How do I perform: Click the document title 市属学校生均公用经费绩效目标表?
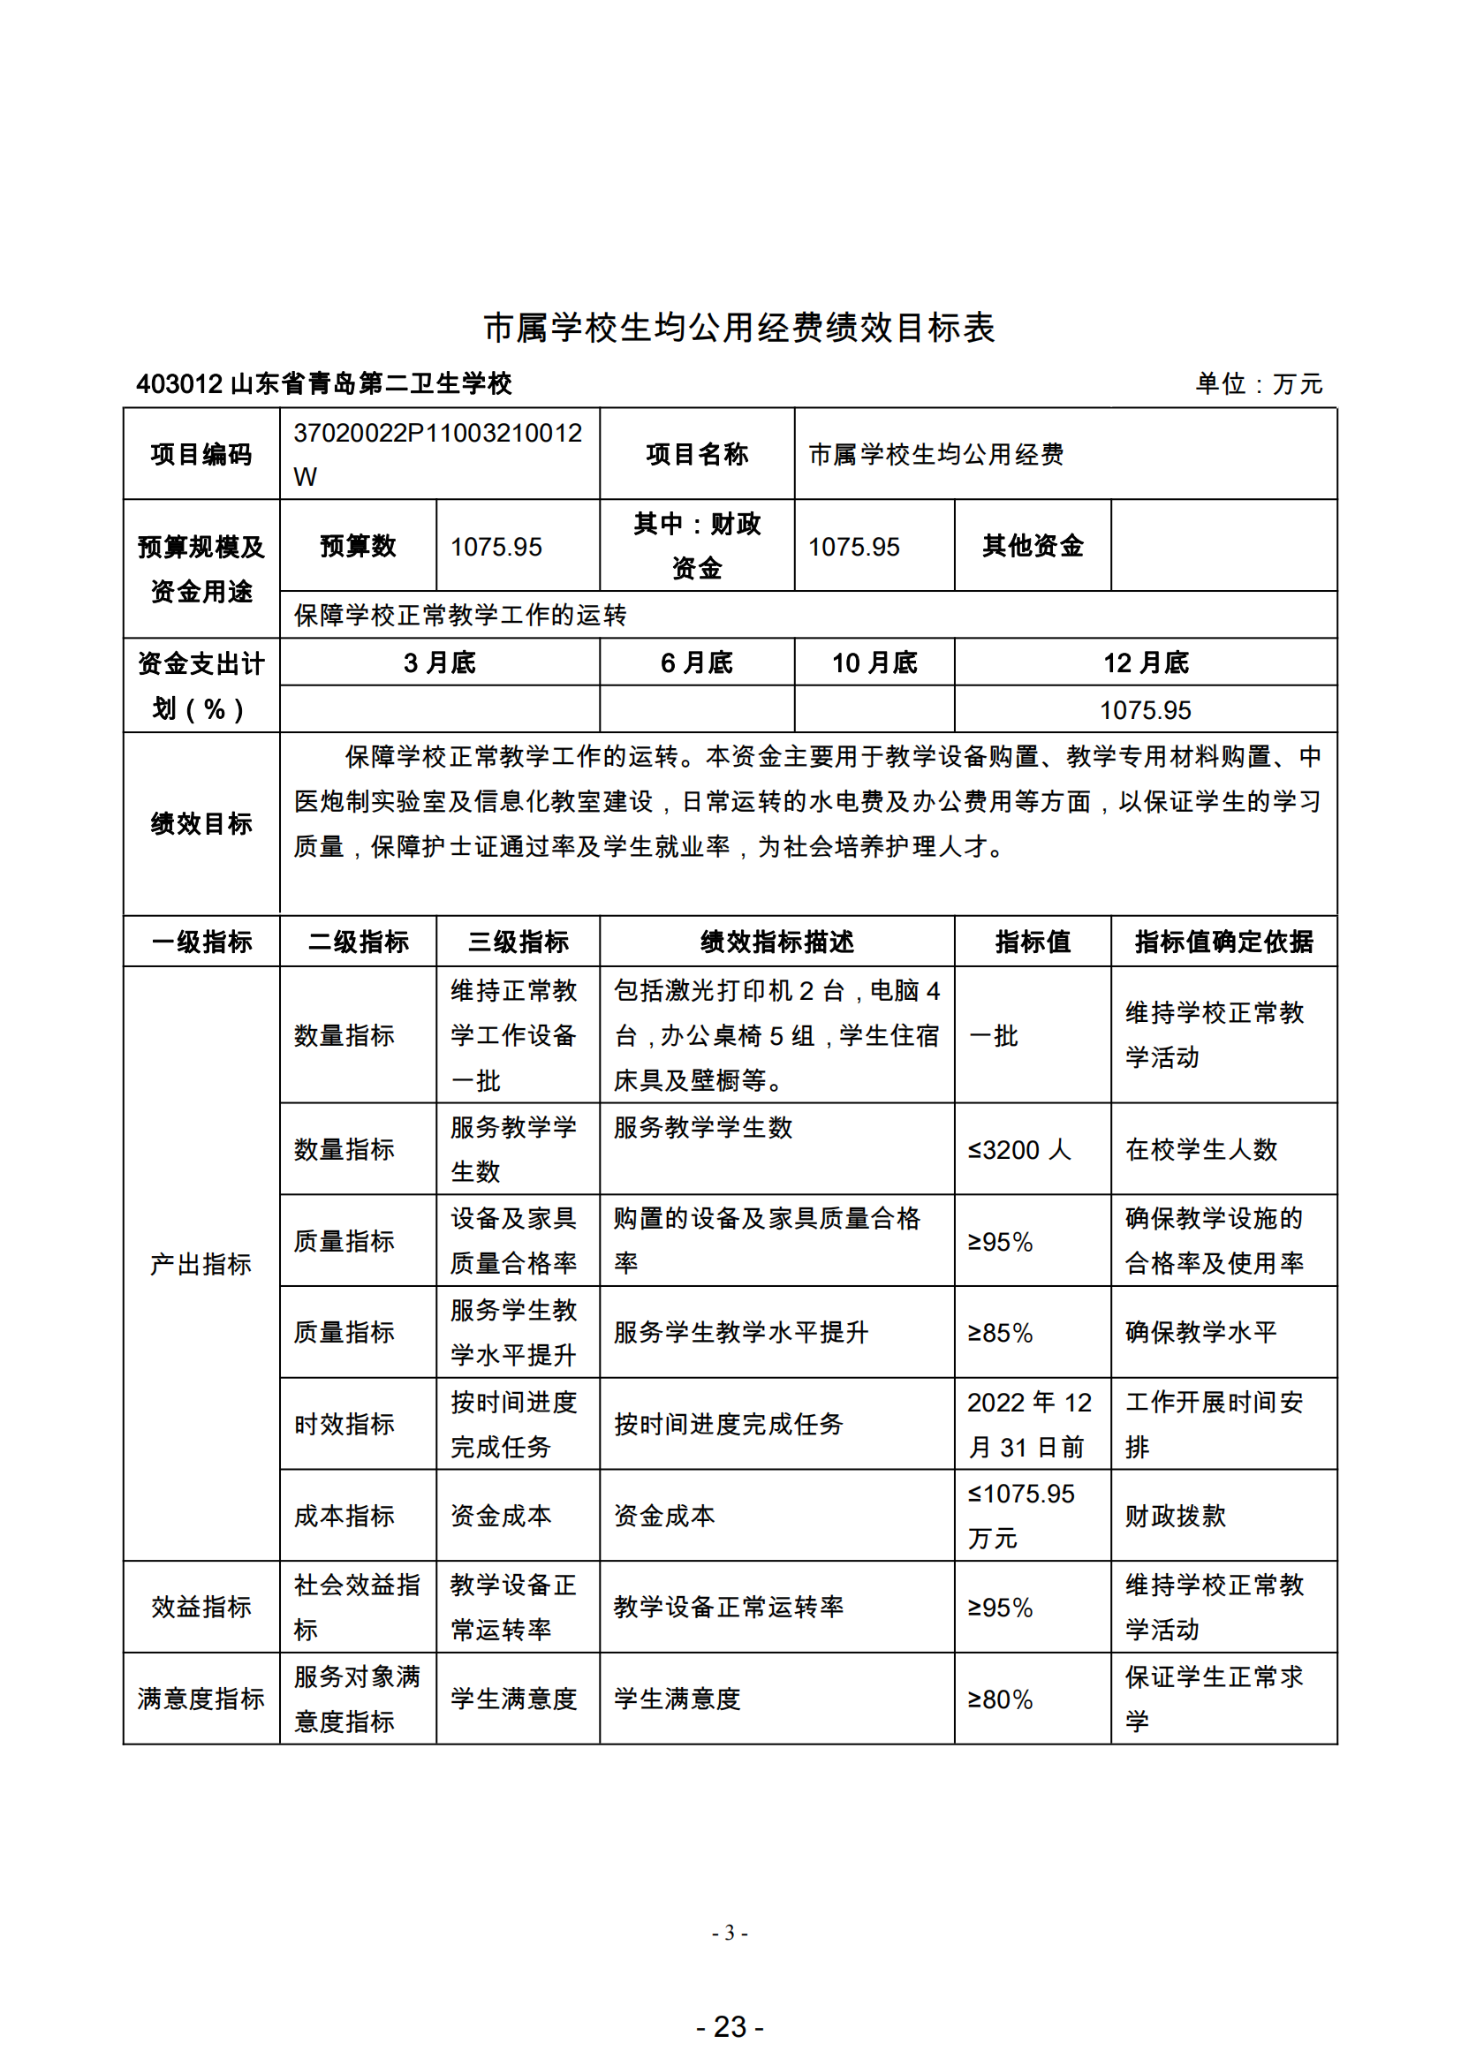click(x=738, y=328)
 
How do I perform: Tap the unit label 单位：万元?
click(x=1258, y=384)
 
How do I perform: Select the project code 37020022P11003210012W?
click(x=437, y=453)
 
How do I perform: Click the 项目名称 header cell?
click(x=696, y=454)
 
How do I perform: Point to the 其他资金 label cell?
click(x=1032, y=546)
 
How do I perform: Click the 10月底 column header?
click(x=874, y=663)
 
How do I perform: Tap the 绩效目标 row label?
click(x=201, y=823)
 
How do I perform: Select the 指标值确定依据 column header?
click(x=1223, y=942)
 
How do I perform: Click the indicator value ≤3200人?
click(x=1018, y=1150)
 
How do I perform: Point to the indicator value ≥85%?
click(x=1000, y=1333)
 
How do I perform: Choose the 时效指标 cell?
click(x=344, y=1425)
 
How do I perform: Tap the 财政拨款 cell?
click(x=1175, y=1517)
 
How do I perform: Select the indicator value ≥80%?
click(x=1000, y=1699)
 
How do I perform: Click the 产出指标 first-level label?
click(x=201, y=1264)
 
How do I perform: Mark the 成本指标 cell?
click(x=344, y=1517)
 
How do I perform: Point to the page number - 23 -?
click(x=730, y=2026)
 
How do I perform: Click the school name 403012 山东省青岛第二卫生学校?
click(x=324, y=384)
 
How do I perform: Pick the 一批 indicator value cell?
click(x=993, y=1036)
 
